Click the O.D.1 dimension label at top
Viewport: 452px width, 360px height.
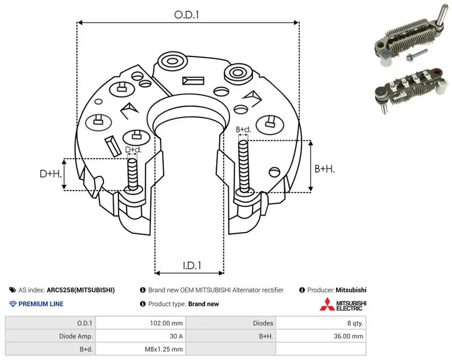click(186, 15)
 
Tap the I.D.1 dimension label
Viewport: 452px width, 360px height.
click(192, 265)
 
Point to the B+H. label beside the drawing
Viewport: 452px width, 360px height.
click(324, 168)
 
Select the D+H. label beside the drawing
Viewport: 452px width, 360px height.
click(51, 174)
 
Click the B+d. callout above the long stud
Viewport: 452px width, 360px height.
click(244, 129)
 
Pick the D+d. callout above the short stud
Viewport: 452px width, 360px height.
click(133, 150)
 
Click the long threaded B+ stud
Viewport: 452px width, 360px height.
click(244, 166)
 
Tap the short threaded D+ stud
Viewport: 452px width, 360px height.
click(133, 175)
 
